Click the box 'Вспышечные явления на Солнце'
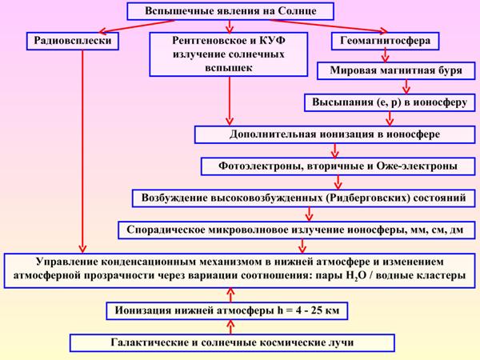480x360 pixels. point(229,13)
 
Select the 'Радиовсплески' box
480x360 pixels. point(81,38)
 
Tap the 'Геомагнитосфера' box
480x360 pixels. point(386,38)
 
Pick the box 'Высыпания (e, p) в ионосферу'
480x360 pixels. point(383,102)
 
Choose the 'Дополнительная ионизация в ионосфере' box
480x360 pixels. point(329,134)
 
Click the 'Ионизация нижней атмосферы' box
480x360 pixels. point(230,310)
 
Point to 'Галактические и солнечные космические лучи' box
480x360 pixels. point(230,342)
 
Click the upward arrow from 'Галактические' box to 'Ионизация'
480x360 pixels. point(230,326)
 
